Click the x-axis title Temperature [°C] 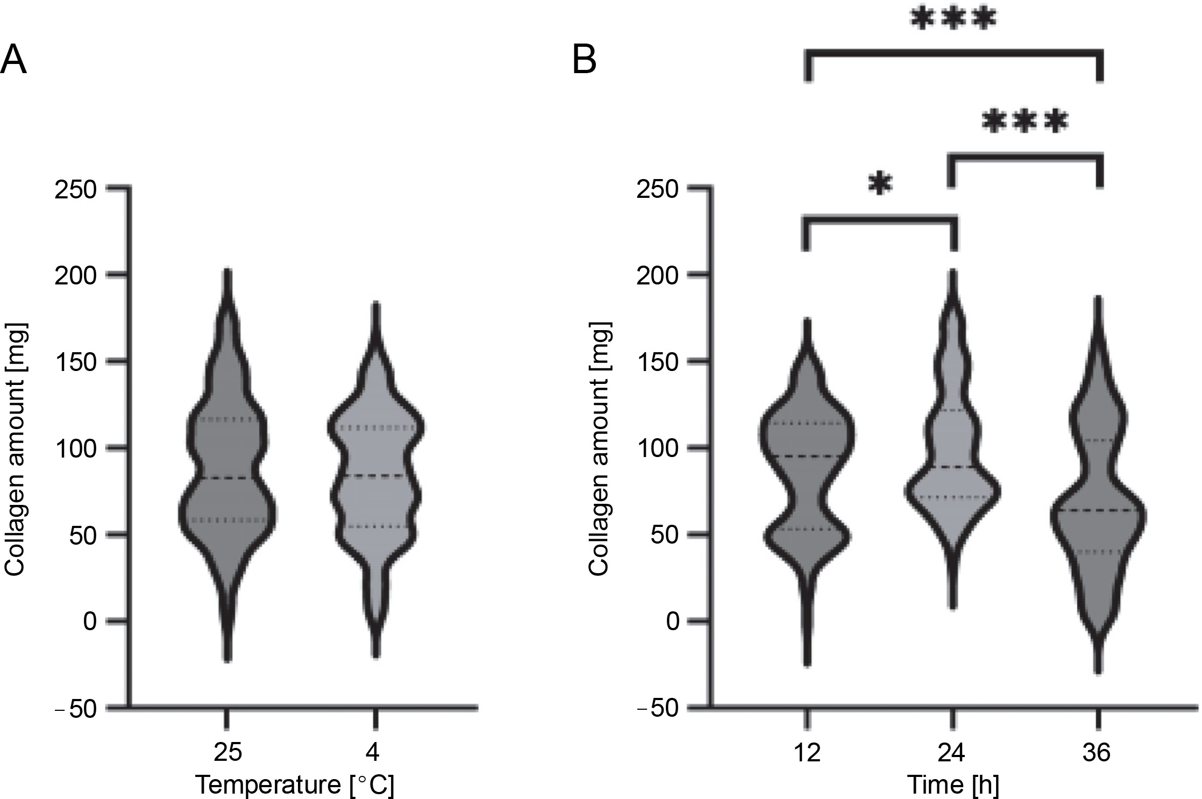coord(295,785)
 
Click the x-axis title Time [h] coord(953,785)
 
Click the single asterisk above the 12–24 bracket coord(880,185)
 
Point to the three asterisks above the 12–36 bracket coord(953,20)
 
